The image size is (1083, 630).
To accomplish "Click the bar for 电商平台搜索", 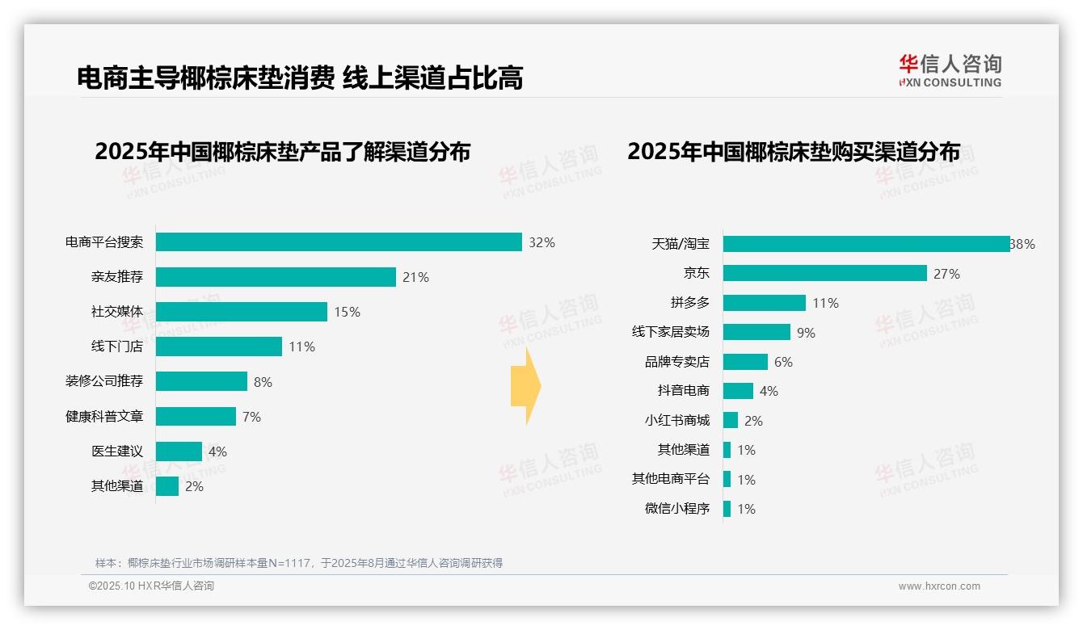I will (339, 242).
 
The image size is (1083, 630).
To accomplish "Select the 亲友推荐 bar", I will (276, 277).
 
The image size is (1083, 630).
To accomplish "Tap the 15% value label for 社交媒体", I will (348, 312).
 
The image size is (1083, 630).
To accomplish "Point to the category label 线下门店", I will (117, 346).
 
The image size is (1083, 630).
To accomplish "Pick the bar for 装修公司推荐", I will (201, 381).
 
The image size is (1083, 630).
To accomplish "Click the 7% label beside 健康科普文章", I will (251, 417).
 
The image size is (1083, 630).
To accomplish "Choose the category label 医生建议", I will (117, 451).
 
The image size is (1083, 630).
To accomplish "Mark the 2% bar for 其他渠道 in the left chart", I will (167, 486).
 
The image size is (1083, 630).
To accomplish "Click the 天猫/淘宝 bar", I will (866, 244).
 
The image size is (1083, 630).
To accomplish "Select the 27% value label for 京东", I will (946, 274).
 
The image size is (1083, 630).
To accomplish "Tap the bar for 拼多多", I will (765, 303).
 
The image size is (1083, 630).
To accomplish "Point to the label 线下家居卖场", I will (671, 332).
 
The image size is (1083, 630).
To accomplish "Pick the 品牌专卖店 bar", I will (745, 362).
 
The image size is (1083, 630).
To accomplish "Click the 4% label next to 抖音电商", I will (769, 391).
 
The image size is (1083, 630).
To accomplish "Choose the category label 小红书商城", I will (677, 421).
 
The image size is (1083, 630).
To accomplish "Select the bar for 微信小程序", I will (727, 509).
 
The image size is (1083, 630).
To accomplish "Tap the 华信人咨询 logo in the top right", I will (950, 70).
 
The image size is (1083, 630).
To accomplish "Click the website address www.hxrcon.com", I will (939, 586).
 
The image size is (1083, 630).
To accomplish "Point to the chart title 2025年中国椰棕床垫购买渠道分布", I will (794, 152).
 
